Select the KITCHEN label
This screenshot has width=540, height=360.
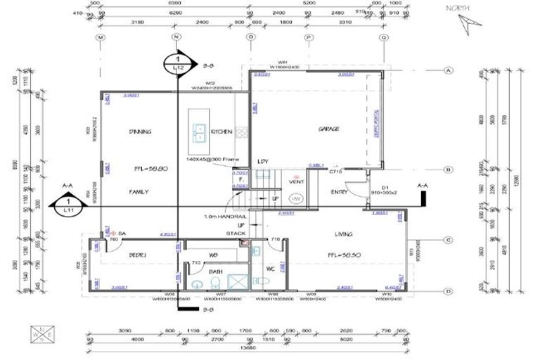[x=221, y=131]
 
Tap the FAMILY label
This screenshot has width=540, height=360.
[x=139, y=191]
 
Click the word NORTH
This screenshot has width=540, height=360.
[x=458, y=8]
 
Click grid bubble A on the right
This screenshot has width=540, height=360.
[x=446, y=70]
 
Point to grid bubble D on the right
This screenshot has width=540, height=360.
[x=446, y=290]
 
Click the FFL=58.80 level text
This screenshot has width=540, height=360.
[x=148, y=169]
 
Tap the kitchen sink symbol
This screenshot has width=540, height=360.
[x=200, y=131]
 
